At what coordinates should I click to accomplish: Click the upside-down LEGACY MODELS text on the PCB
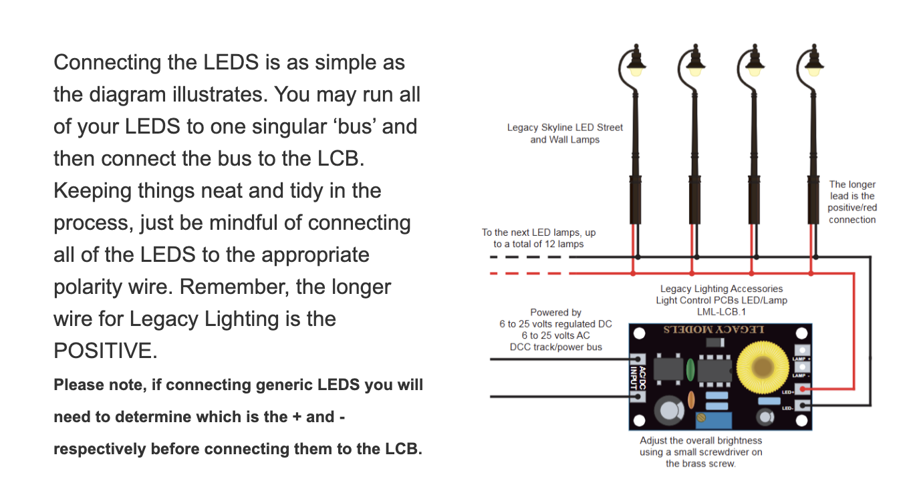[713, 330]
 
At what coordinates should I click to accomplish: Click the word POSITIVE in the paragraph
[106, 351]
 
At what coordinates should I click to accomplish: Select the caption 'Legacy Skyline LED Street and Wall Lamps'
[565, 134]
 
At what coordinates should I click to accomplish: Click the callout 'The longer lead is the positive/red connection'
[852, 202]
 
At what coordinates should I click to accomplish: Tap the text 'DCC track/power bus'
[555, 347]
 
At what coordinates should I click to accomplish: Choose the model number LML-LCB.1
[721, 311]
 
